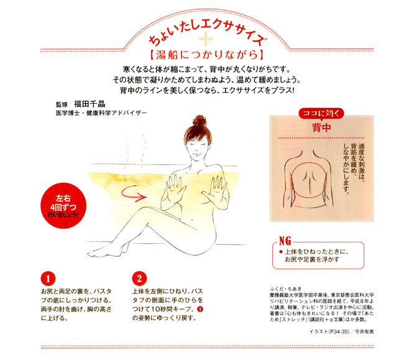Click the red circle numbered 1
48,279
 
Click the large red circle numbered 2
139,279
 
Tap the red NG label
285,241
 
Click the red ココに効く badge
321,113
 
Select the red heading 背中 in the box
321,127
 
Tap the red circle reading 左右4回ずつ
63,206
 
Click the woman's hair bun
200,121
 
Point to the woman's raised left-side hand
175,188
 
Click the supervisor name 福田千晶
90,104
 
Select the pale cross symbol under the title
206,40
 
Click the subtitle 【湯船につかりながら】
206,54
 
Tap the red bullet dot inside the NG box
280,252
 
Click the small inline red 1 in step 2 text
200,309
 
